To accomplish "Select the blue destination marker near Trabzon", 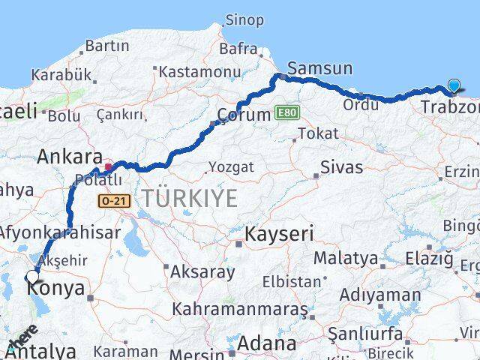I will pyautogui.click(x=455, y=86).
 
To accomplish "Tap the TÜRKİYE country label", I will pyautogui.click(x=190, y=199).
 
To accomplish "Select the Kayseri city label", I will pyautogui.click(x=279, y=234).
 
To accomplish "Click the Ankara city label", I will pyautogui.click(x=70, y=157).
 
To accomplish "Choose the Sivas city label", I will pyautogui.click(x=340, y=166).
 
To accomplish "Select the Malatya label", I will pyautogui.click(x=346, y=258).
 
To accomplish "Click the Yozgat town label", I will pyautogui.click(x=231, y=166).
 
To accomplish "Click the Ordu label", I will pyautogui.click(x=360, y=105).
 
